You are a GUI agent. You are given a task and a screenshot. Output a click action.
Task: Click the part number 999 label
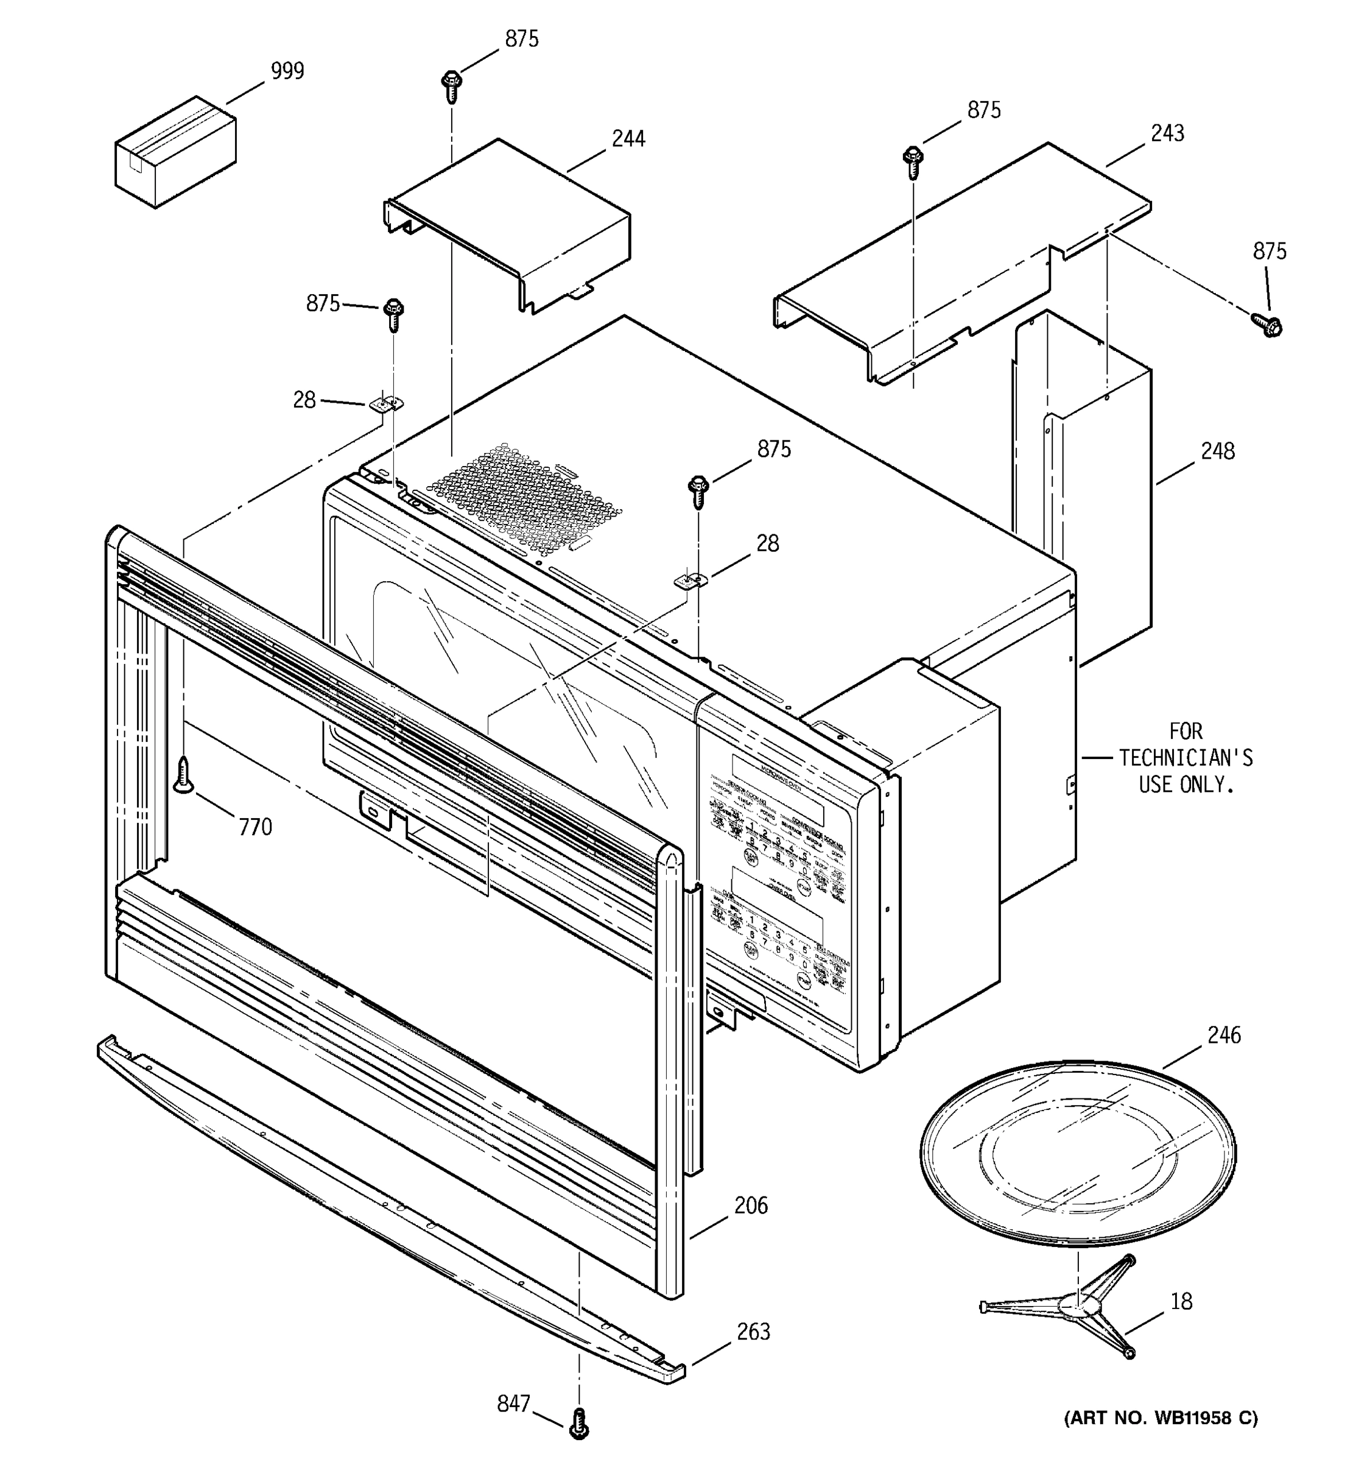[287, 71]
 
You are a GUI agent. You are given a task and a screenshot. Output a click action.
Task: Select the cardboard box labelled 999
[175, 152]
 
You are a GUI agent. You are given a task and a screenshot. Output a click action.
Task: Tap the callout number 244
[628, 139]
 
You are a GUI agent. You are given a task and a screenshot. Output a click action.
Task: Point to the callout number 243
[1167, 133]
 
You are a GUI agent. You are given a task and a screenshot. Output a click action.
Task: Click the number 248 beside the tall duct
[1218, 451]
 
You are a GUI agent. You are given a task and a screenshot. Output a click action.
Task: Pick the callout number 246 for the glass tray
[1224, 1036]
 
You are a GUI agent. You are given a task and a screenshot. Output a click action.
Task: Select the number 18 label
[1181, 1301]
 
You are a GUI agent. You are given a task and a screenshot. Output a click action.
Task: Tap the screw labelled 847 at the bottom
[579, 1423]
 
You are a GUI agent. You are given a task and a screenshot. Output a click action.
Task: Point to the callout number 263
[753, 1331]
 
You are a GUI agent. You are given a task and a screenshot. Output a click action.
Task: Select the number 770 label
[255, 827]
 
